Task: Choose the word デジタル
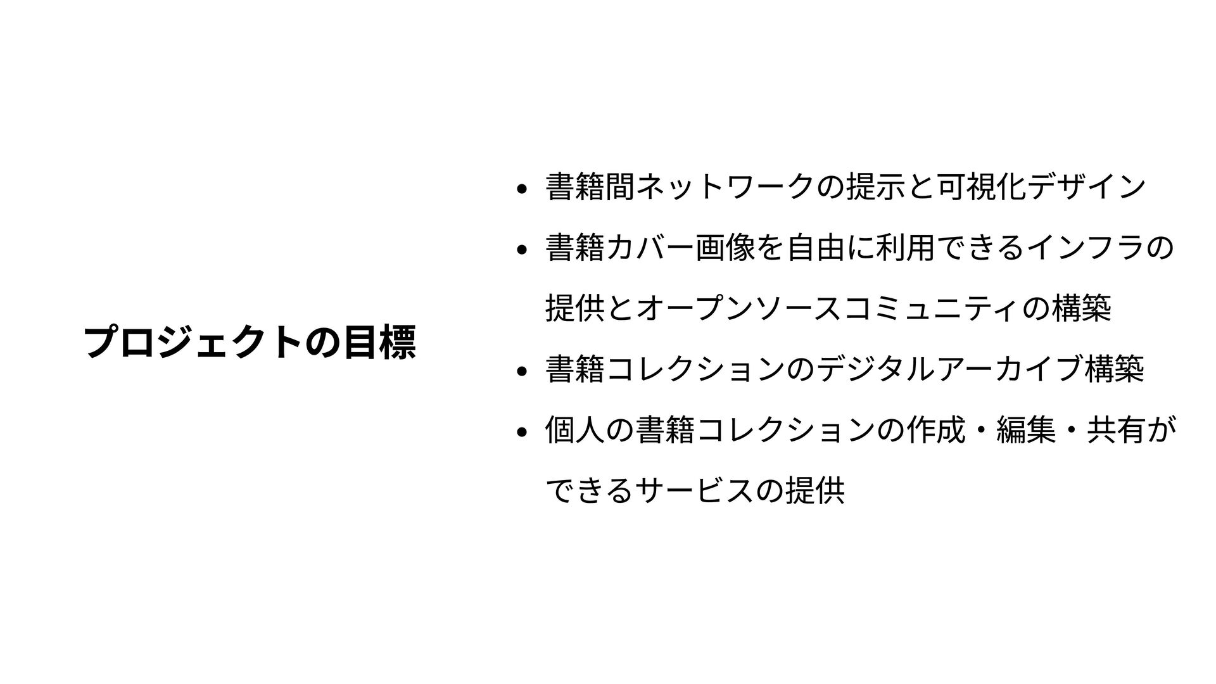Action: click(x=880, y=370)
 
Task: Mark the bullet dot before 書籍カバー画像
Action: click(x=521, y=249)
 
